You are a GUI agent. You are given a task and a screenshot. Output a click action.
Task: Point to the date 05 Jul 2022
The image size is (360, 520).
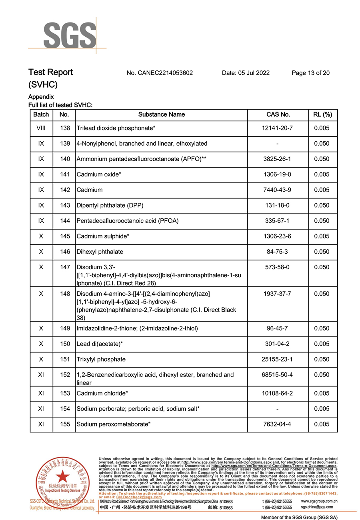(x=246, y=73)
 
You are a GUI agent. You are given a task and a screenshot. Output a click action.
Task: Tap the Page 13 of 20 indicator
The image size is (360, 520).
(x=310, y=73)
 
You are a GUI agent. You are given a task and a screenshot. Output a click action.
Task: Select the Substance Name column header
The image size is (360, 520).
(x=162, y=114)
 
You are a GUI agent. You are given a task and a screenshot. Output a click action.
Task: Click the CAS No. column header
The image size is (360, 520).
(x=278, y=114)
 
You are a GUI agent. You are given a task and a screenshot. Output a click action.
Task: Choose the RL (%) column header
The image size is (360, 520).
(x=322, y=114)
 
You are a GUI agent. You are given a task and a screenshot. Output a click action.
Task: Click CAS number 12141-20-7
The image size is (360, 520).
(x=277, y=128)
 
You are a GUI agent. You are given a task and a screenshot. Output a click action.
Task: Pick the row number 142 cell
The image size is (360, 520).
(x=64, y=190)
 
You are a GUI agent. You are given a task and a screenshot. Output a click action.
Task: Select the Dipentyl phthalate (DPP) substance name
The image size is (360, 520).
(x=110, y=205)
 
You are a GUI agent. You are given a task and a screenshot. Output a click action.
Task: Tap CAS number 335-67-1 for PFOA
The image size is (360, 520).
(x=277, y=221)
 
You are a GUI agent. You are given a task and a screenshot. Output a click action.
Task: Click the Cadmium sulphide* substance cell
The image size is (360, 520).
(x=103, y=236)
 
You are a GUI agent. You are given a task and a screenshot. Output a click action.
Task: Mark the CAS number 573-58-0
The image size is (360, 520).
(x=277, y=267)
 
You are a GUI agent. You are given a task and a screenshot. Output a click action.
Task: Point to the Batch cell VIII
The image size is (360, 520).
(x=41, y=128)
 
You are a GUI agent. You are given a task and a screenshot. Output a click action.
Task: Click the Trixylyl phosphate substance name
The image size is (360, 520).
(x=101, y=359)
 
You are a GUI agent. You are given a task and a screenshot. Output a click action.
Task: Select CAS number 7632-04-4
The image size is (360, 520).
(x=277, y=424)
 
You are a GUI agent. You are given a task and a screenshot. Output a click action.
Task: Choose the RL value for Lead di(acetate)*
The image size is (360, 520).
(x=322, y=344)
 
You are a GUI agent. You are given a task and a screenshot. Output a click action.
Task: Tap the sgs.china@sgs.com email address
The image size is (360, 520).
(x=317, y=507)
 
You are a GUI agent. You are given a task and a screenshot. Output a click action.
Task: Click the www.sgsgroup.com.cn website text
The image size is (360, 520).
(x=319, y=501)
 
